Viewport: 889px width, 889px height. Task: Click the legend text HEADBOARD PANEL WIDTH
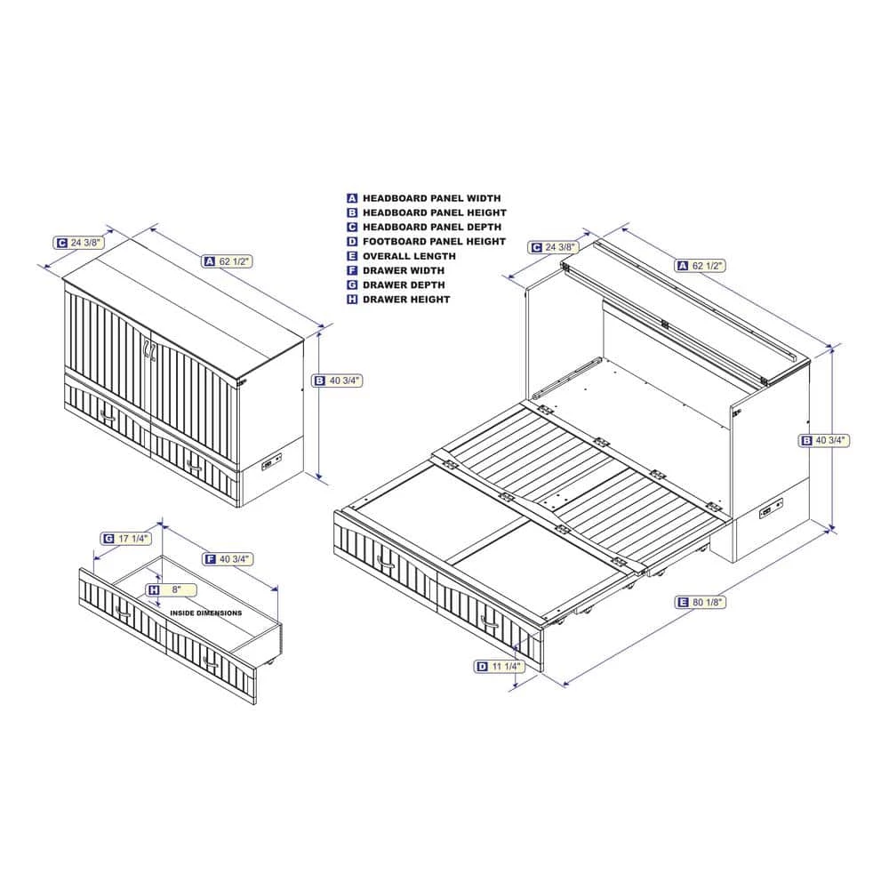point(431,198)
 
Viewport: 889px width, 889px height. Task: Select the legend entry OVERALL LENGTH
point(409,256)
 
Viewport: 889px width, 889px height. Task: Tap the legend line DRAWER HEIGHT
point(406,300)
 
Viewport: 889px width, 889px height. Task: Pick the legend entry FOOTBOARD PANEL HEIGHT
point(434,242)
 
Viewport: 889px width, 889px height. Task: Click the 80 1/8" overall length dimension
point(701,602)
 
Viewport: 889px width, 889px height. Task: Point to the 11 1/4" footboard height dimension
point(500,667)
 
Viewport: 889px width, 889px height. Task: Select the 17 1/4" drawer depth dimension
point(126,539)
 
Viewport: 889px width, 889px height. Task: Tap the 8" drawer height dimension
point(171,590)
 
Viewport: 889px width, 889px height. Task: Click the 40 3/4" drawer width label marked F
point(228,559)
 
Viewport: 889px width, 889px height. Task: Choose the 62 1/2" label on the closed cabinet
point(228,261)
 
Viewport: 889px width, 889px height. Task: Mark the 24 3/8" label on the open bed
point(553,247)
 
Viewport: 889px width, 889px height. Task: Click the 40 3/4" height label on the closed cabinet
point(337,381)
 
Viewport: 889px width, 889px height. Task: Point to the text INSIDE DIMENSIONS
point(206,613)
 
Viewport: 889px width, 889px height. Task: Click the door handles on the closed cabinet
point(149,349)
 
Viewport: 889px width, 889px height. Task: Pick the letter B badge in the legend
point(352,212)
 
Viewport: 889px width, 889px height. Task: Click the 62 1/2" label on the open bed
point(701,265)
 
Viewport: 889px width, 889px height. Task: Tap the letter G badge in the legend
point(352,284)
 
